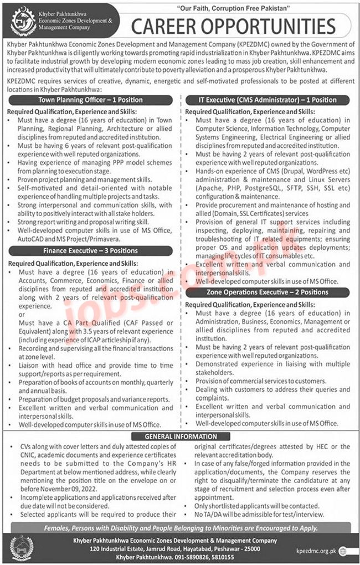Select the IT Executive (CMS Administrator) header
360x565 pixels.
(268, 100)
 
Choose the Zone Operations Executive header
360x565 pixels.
(268, 292)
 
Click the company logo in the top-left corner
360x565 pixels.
(24, 20)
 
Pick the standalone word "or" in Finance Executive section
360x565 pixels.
(22, 315)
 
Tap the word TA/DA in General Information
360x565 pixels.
(219, 513)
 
